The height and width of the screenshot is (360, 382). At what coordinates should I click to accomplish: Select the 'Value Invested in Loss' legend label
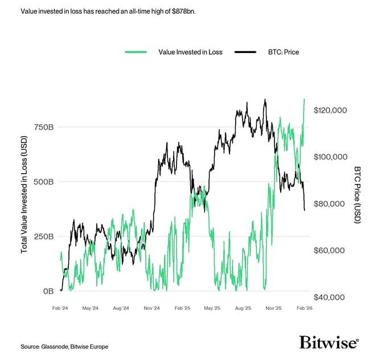point(190,52)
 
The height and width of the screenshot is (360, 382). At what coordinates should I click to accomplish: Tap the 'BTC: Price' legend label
point(282,52)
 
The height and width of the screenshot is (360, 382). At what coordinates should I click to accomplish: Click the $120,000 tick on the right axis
point(331,110)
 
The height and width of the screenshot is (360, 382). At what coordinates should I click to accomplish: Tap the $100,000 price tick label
point(331,157)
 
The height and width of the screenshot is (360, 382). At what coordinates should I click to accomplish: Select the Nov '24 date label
point(151,308)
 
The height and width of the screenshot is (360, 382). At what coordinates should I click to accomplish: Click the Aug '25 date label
point(244,308)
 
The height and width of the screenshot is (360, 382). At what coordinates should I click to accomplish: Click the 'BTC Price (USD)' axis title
point(357,195)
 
